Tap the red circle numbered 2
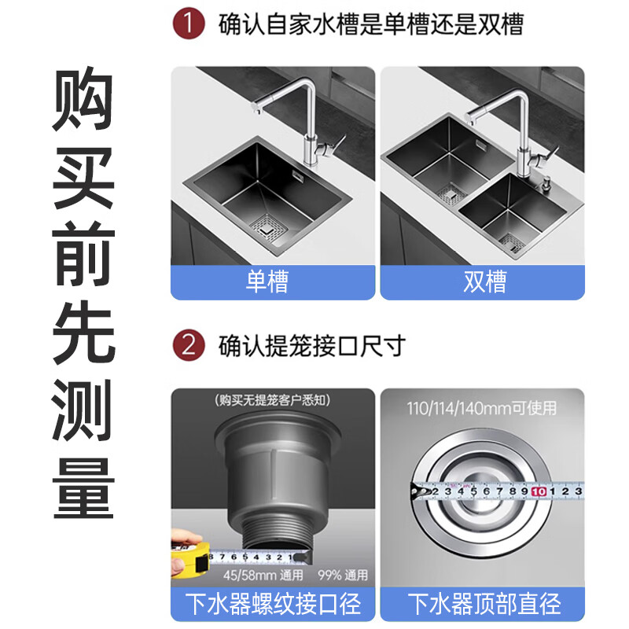[188, 345]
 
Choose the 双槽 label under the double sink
[482, 281]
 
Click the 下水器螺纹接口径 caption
[273, 604]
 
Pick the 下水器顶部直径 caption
[482, 604]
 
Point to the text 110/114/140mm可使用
[481, 408]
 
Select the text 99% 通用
[343, 576]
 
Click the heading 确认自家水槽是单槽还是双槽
[370, 23]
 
